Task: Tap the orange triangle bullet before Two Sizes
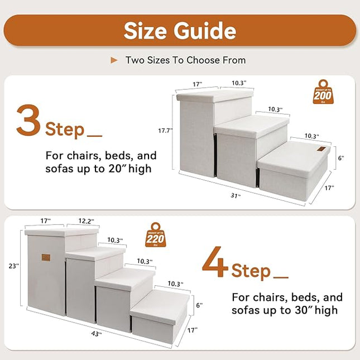[x=114, y=60]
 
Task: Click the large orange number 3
[x=27, y=120]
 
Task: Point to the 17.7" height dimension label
[x=165, y=131]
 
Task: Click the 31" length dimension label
[x=237, y=195]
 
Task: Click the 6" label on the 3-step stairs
[x=342, y=159]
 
